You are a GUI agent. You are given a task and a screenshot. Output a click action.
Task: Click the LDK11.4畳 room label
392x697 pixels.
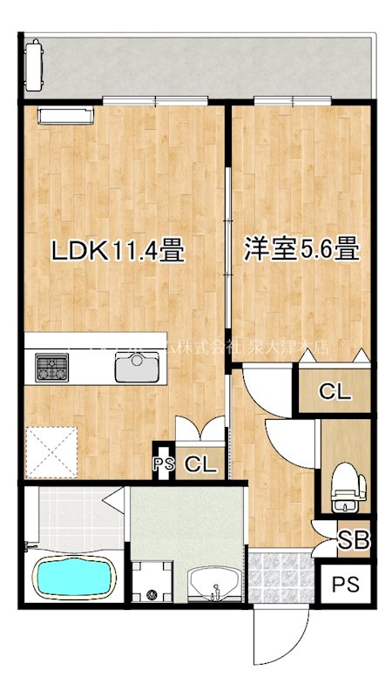pos(117,252)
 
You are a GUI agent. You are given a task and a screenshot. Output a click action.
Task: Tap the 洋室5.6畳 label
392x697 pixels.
pos(301,251)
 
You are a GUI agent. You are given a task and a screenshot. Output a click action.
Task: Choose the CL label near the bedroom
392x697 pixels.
pos(335,392)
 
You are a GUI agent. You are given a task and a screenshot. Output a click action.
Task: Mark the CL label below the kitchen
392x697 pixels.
pos(200,464)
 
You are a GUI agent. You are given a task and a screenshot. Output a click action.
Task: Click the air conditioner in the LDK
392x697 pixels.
pos(63,114)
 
